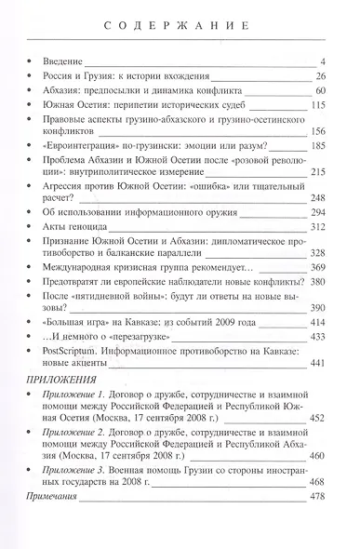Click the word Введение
click(x=66, y=61)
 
